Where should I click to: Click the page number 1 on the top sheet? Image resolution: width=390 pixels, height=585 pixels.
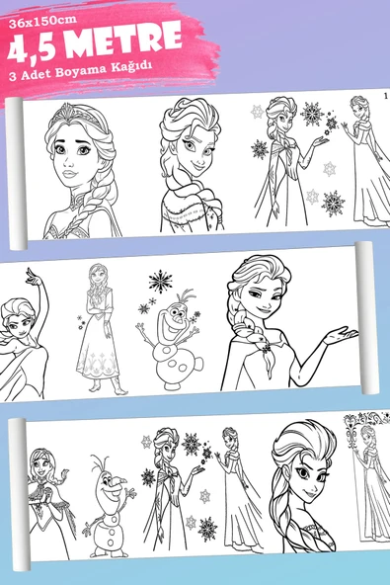click(x=385, y=96)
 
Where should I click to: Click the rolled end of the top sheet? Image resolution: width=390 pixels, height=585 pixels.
click(x=16, y=174)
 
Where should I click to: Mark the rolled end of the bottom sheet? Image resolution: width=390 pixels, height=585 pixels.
click(x=19, y=495)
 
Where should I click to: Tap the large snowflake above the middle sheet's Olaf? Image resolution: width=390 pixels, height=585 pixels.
click(x=160, y=281)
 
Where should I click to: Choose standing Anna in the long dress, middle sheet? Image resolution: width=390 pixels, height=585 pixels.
click(x=100, y=329)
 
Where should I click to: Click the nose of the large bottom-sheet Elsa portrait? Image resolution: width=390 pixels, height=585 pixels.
click(x=312, y=480)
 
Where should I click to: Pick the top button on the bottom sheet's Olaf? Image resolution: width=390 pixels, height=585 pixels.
click(x=111, y=524)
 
